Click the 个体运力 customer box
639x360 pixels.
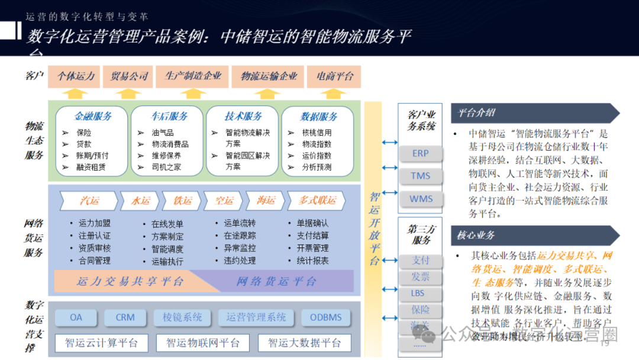coord(76,76)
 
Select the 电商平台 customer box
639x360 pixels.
coord(335,76)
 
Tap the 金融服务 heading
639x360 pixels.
coord(92,116)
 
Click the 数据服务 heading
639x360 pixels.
coord(319,116)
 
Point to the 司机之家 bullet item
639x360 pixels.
coord(166,167)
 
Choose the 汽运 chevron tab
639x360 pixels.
coord(89,201)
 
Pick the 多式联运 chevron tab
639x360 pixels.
coord(317,201)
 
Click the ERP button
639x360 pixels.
coord(420,153)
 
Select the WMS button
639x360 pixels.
coord(421,199)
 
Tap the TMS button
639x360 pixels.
coord(420,176)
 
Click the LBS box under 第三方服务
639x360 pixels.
coord(420,293)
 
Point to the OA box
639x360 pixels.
coord(76,317)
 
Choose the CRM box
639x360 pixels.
coord(125,317)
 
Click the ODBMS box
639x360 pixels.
coord(325,317)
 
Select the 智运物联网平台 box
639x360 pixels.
coord(203,343)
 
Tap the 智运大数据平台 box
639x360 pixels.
coord(305,343)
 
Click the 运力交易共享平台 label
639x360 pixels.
coord(130,281)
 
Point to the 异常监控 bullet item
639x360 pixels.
coord(240,249)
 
